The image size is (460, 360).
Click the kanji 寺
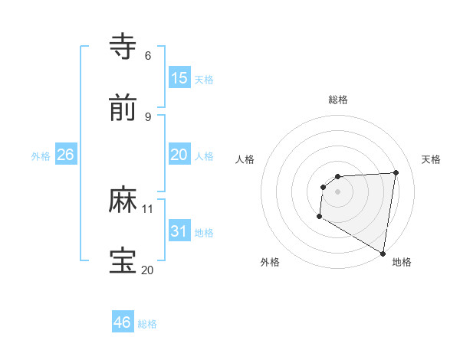123,46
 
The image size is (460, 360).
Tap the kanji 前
123,109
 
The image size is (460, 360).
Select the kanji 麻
123,200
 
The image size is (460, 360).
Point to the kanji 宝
123,261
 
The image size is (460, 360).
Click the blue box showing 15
179,78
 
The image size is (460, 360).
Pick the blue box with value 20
179,155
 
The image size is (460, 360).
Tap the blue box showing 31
179,231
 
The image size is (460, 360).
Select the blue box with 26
65,155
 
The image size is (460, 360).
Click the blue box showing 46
123,322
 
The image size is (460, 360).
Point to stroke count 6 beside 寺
147,55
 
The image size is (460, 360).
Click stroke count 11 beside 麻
148,208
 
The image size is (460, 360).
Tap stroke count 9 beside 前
147,116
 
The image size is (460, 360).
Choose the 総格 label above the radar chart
338,100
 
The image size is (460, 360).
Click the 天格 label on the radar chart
431,159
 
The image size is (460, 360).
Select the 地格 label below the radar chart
402,263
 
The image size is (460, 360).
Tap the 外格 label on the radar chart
270,263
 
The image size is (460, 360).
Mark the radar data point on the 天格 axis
396,172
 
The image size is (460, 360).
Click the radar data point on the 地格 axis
383,254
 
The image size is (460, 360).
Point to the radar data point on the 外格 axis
319,217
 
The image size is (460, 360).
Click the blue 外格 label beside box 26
41,156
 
